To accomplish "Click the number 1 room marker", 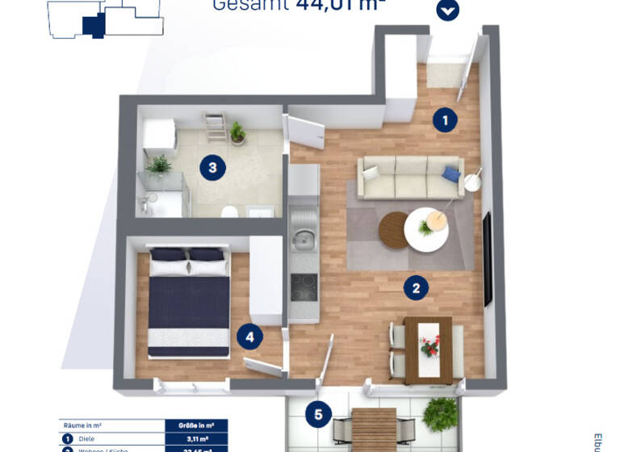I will [x=444, y=120].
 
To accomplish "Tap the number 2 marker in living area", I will [x=416, y=287].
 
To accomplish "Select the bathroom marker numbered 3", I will [x=212, y=168].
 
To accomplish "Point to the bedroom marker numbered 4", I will [x=249, y=337].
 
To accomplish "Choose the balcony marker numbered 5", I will [x=318, y=415].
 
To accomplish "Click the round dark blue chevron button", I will [x=447, y=10].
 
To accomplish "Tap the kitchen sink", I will [x=304, y=239].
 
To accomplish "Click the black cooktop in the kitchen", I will [x=304, y=287].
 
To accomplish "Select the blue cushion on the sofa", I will [x=450, y=173].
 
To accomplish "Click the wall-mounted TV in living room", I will [x=487, y=258].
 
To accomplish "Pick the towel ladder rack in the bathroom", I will [x=215, y=128].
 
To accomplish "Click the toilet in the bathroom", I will [x=229, y=211].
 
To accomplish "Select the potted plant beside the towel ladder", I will [x=237, y=132].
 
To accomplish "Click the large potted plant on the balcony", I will [x=440, y=414].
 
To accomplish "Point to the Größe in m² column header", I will [x=196, y=425].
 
